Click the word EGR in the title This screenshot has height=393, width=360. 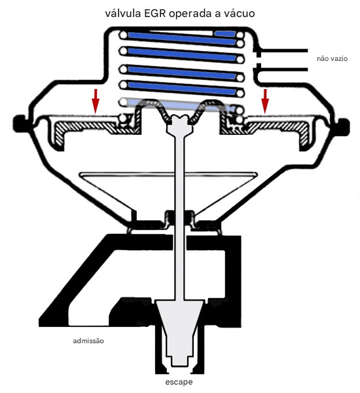tap(155, 13)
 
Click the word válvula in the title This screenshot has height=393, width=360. tap(123, 13)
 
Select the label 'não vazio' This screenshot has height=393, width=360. tap(333, 59)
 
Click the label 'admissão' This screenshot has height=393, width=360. tap(88, 341)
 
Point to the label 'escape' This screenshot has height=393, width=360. tap(179, 383)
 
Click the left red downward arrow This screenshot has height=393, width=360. tap(96, 101)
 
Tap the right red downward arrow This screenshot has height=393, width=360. tap(265, 101)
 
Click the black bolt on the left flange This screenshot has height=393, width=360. tap(20, 123)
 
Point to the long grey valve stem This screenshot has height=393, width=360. tap(179, 215)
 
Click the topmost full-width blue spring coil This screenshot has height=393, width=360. tap(183, 38)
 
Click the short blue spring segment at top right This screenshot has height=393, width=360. tap(225, 33)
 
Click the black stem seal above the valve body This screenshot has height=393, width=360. tap(179, 216)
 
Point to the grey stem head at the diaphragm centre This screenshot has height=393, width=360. tap(179, 124)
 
